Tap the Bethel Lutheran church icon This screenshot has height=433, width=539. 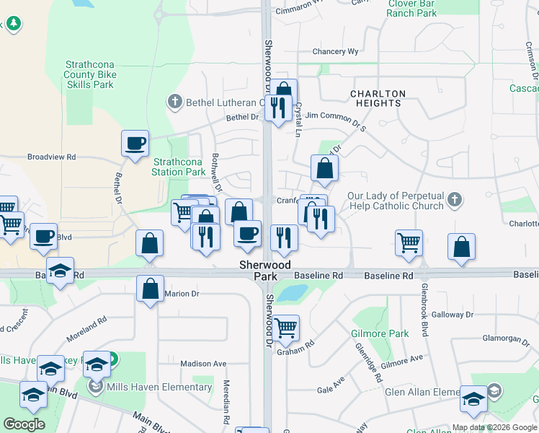pos(175,102)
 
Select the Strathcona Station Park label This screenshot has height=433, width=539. pos(179,167)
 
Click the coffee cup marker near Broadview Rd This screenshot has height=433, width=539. pos(134,144)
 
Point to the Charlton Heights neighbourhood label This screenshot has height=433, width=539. pos(378,98)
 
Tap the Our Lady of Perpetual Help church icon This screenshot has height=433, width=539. pos(454,200)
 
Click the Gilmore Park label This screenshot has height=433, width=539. pos(380,333)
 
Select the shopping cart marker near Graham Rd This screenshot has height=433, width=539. pos(286,328)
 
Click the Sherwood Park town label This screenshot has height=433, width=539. pos(265,271)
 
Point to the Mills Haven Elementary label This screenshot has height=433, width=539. pos(159,387)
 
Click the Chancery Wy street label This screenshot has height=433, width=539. pos(335,52)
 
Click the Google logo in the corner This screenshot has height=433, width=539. pos(24,424)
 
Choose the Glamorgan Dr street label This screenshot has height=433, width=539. pos(506,338)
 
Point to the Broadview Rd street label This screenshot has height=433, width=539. pos(51,157)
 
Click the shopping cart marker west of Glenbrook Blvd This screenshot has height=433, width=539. pos(409,243)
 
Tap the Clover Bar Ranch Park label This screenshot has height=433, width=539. pos(412,9)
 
